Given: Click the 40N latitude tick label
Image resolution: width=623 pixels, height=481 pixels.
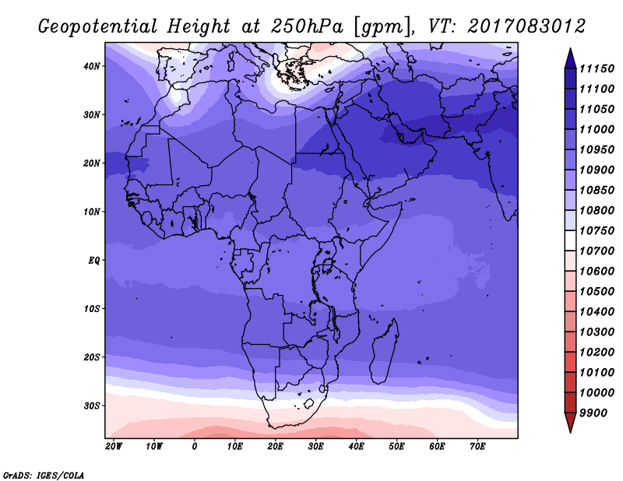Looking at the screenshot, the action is tap(91, 66).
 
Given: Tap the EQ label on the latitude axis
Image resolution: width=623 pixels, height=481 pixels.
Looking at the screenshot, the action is tap(93, 261).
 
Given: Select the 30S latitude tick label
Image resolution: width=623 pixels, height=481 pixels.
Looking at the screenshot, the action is tap(91, 406).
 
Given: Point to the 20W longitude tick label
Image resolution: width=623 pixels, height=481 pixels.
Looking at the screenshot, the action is tap(114, 447).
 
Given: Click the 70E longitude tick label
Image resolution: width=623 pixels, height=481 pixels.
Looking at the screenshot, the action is tap(477, 447).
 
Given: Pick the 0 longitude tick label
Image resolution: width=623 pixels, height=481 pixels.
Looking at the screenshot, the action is tap(194, 447).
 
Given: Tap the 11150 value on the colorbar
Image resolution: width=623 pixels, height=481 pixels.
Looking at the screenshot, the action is tap(597, 68).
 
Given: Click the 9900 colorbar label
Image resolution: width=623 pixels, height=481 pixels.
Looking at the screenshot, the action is tap(593, 413).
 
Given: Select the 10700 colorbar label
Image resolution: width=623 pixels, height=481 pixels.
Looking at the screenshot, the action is tap(597, 251).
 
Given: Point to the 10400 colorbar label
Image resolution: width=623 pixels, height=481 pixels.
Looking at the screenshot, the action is tap(597, 312).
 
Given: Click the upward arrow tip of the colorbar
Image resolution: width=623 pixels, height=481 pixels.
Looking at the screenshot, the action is tap(570, 49).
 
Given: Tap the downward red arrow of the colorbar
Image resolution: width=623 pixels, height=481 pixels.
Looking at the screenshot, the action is tap(570, 423).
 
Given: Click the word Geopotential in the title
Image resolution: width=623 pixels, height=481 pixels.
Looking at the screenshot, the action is tap(98, 26).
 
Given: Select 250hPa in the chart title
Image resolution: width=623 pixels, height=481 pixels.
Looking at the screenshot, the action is tap(307, 26).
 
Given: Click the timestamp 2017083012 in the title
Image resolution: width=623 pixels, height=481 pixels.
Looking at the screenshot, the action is tap(526, 26).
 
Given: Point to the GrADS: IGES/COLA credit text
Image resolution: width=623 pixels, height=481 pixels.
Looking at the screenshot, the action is tap(44, 475).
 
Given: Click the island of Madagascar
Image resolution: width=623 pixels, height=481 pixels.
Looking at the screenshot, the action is tap(384, 352).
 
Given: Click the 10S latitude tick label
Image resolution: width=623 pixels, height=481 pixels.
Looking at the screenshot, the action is tap(91, 309).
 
